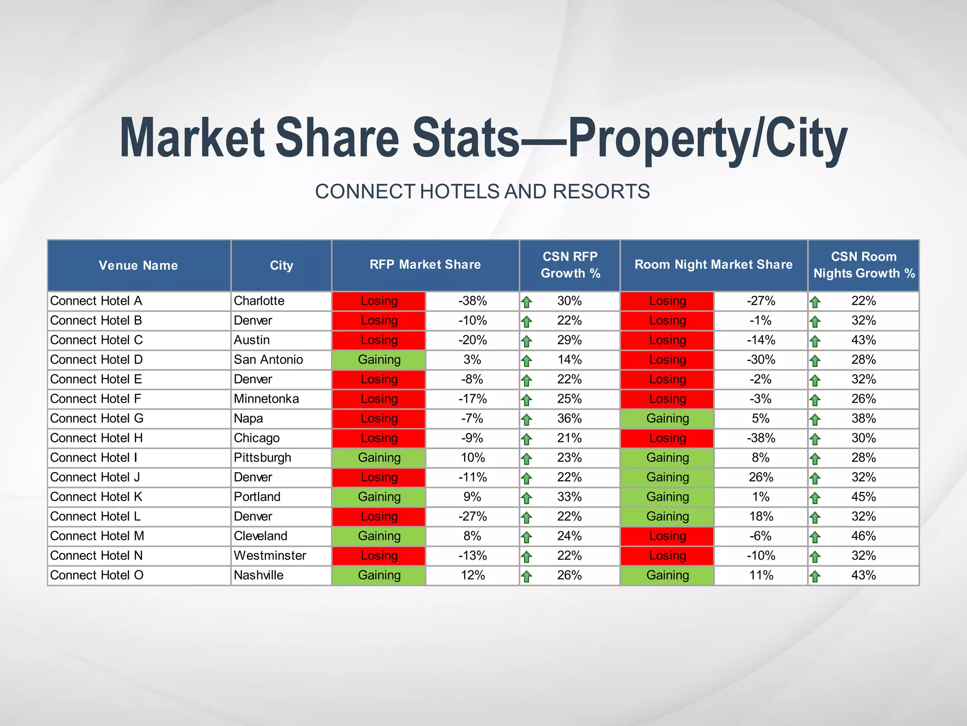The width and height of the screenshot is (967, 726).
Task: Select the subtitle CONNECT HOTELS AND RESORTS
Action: tap(482, 191)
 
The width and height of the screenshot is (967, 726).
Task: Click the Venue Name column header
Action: tap(138, 265)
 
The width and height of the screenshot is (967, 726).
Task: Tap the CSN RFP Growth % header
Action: tap(570, 265)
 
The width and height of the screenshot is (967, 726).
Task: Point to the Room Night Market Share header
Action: tap(713, 265)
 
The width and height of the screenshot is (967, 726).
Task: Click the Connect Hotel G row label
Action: tap(97, 418)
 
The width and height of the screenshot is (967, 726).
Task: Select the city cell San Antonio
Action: tap(268, 360)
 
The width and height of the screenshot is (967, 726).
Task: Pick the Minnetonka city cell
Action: tap(266, 399)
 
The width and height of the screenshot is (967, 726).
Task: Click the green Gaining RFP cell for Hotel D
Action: tap(379, 360)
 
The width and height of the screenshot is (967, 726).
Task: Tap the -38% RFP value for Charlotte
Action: tap(472, 301)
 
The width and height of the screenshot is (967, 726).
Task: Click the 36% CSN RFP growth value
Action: tap(569, 418)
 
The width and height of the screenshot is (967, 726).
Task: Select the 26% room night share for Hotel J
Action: tap(761, 477)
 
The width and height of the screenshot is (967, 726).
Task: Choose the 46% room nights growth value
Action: tap(863, 536)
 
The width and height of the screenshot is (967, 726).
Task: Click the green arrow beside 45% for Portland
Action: tap(815, 498)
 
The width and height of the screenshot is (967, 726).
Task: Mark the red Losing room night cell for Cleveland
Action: tap(667, 536)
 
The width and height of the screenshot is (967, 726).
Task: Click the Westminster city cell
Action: tap(270, 555)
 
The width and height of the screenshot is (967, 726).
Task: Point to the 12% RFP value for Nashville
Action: tap(472, 575)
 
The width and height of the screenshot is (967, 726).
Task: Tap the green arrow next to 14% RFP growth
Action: tap(526, 361)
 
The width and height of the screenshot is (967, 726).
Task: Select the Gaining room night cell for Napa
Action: tap(667, 418)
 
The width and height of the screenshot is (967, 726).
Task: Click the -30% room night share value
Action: tap(761, 360)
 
